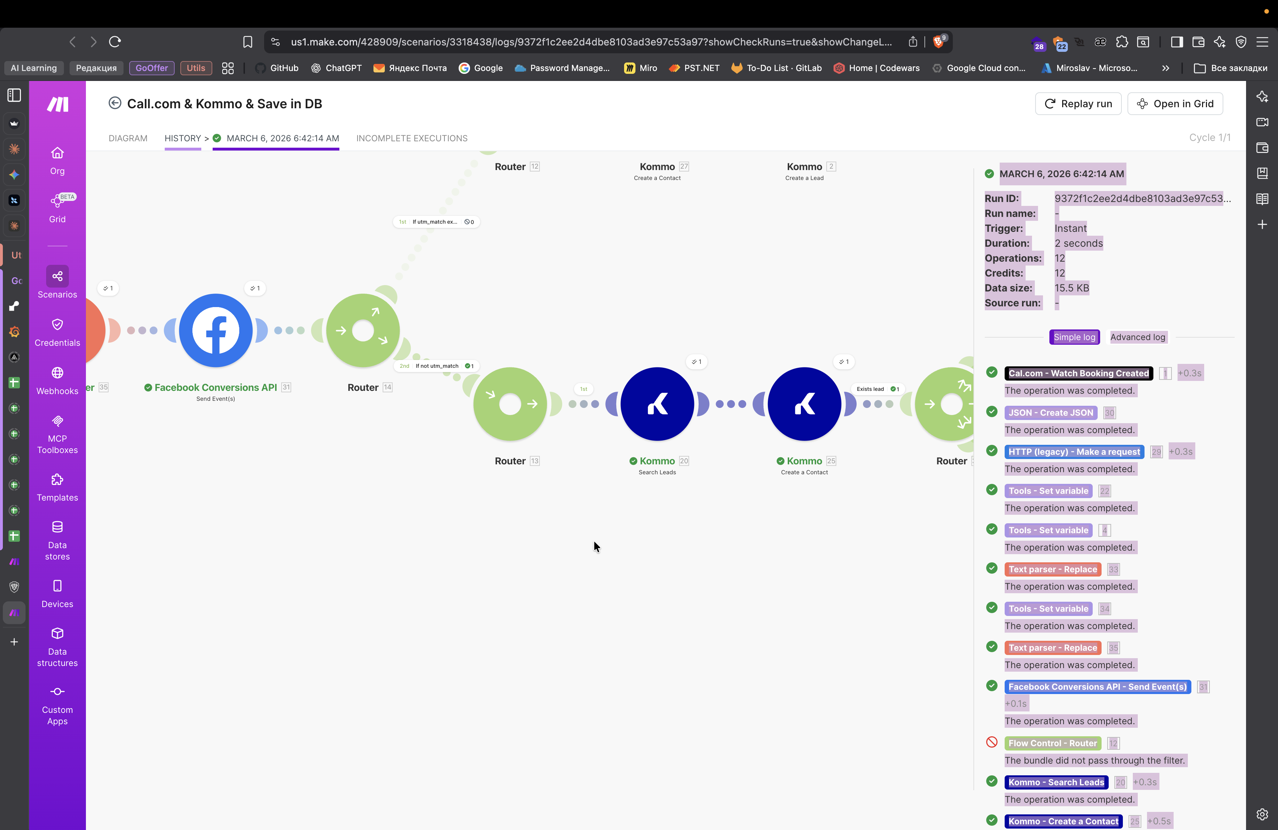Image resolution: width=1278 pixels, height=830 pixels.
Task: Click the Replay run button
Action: click(1078, 104)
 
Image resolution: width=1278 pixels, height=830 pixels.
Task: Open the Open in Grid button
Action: click(1175, 104)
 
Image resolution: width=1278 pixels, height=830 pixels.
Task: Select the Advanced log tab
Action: click(1137, 337)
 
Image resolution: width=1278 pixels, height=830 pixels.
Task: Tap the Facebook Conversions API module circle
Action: click(216, 330)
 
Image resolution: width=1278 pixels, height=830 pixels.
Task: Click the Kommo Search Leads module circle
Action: click(657, 404)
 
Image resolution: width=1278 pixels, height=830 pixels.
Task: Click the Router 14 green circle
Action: click(363, 330)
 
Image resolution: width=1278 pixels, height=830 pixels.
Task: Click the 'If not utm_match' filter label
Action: click(437, 366)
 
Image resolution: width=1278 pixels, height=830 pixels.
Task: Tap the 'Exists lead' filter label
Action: click(870, 389)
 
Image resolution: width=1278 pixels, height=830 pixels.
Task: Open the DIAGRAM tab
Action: click(128, 138)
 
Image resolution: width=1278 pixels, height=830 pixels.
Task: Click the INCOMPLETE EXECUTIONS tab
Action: click(411, 138)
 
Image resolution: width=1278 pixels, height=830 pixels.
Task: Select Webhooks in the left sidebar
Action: click(58, 380)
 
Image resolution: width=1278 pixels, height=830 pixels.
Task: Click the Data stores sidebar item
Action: click(58, 540)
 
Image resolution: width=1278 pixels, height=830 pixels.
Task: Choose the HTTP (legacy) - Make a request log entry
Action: click(1074, 452)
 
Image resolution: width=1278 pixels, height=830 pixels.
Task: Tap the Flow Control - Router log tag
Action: click(1053, 743)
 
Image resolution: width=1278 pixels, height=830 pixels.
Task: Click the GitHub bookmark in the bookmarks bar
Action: click(277, 68)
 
